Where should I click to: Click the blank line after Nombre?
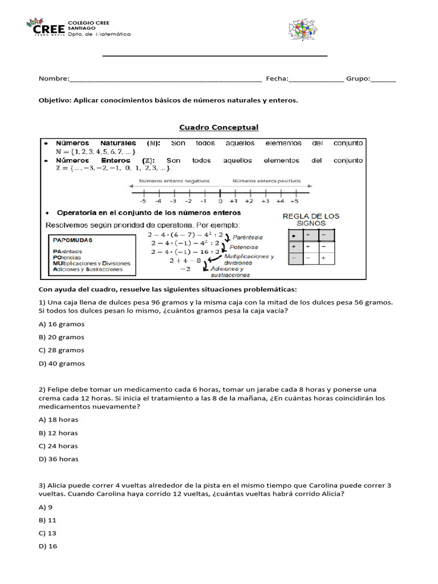[x=165, y=79]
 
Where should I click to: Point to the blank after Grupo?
[x=383, y=79]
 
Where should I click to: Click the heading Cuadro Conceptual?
[x=219, y=127]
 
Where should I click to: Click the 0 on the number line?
[x=220, y=201]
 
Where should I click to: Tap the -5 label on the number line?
[x=142, y=201]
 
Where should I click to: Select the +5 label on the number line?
[x=294, y=201]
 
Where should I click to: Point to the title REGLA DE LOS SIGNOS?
[x=311, y=220]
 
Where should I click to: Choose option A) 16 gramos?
[x=62, y=324]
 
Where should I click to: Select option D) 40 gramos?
[x=62, y=363]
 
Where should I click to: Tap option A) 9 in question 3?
[x=46, y=507]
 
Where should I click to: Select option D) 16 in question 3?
[x=48, y=546]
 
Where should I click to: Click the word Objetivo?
[x=55, y=100]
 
